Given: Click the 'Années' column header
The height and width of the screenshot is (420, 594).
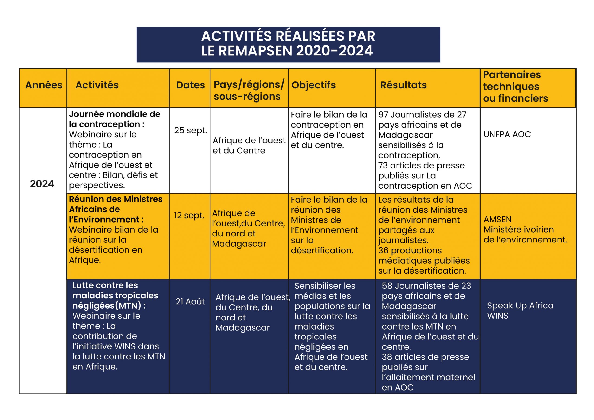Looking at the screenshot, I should coord(44,85).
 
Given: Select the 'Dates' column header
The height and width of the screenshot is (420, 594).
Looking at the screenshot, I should coord(190,85).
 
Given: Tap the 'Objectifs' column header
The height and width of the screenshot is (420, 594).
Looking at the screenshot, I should coord(313,85).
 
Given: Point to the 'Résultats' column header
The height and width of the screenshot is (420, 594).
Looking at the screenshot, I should coord(403,85).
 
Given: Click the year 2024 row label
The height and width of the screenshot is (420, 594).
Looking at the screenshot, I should coord(42,184).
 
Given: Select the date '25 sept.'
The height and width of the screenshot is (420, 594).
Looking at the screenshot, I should coord(190,130).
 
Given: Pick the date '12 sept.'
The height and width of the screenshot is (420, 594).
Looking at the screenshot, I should coord(189,215).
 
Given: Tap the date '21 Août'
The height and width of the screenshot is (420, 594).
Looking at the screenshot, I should coord(190,301).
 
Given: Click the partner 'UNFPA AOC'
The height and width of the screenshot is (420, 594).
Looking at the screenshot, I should coord(507,134).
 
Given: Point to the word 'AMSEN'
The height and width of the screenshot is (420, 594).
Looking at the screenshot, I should coord(497,220).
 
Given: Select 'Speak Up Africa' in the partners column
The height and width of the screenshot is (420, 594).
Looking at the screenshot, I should coord(520,306).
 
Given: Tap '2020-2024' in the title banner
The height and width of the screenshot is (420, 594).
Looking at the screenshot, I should coord(335,51).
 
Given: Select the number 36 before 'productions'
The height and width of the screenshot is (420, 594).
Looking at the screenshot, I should coord(383,251).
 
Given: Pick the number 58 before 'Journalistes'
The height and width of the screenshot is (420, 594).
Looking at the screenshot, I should coord(387,286).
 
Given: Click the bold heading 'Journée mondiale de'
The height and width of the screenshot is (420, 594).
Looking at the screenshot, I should coord(115,114).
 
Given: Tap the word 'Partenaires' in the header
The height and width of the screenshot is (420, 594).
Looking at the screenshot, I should coord(512,75).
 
